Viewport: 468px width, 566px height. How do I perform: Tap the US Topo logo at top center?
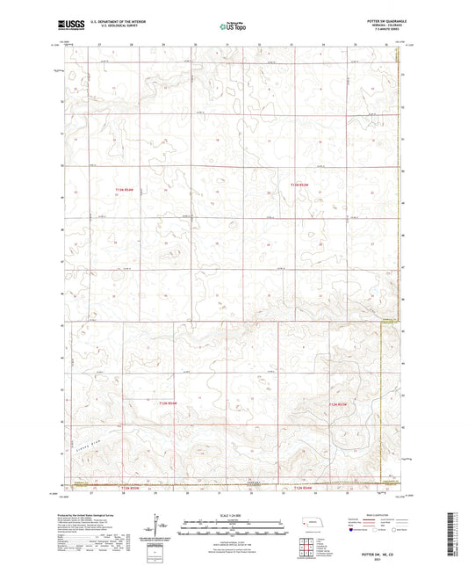(x=233, y=26)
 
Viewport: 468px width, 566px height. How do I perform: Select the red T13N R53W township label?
(x=300, y=185)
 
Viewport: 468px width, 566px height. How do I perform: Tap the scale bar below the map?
(x=234, y=530)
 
